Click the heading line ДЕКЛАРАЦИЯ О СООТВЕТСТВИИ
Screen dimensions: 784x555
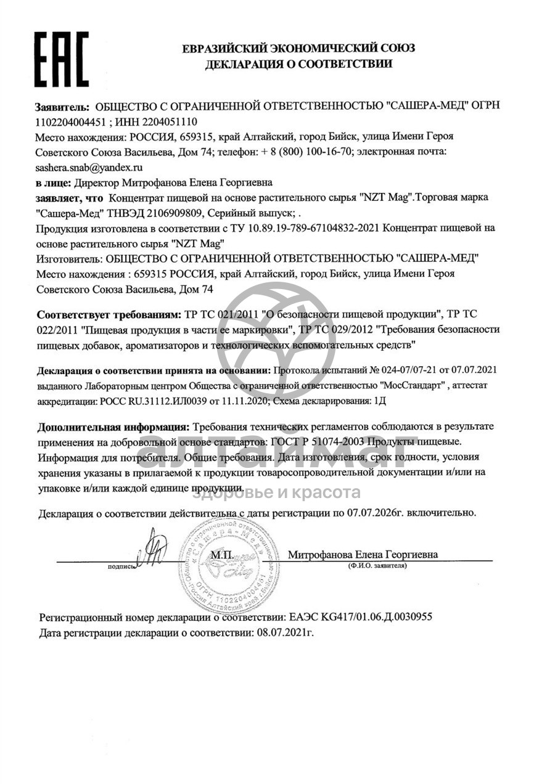(x=299, y=63)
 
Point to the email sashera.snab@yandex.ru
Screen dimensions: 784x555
(x=89, y=167)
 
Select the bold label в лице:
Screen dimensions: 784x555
(x=54, y=182)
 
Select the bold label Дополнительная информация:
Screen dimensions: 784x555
(x=113, y=427)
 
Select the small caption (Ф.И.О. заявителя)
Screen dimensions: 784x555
(x=377, y=565)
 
